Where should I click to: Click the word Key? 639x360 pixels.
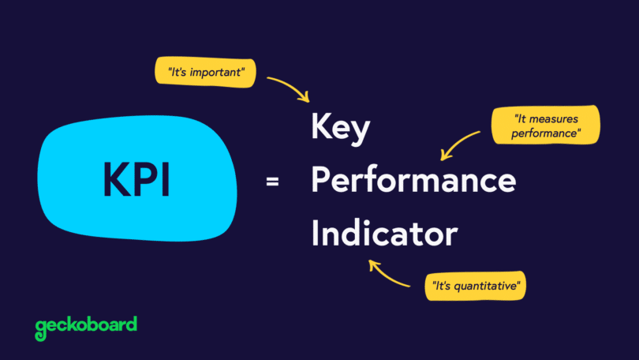(340, 129)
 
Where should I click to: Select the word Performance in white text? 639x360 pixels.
(413, 182)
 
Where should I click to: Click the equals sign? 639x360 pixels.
(272, 182)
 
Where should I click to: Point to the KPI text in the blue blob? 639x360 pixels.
(136, 179)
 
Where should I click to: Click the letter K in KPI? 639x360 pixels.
(116, 179)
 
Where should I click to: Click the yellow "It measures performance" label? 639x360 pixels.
(545, 126)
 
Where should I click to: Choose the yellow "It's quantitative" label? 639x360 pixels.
(475, 285)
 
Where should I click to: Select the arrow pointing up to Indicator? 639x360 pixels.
(387, 273)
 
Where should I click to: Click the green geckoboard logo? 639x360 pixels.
(86, 324)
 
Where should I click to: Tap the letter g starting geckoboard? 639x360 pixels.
(41, 326)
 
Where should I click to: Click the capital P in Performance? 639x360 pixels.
(320, 182)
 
